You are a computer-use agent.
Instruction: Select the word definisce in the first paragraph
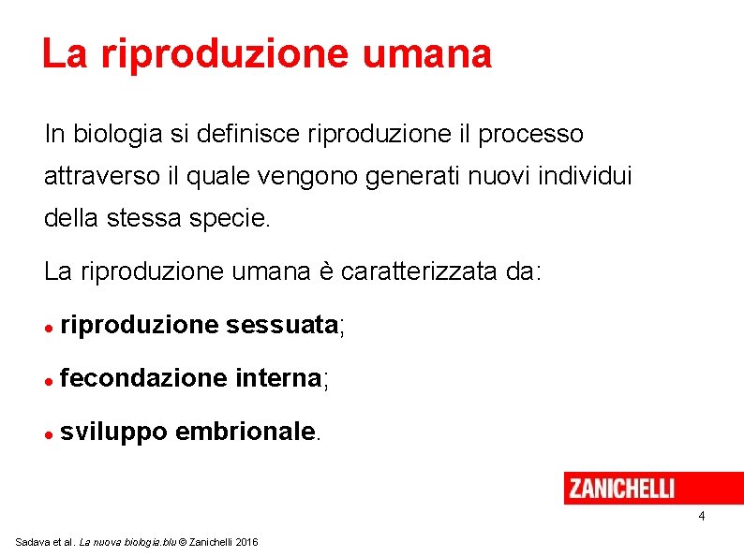click(246, 135)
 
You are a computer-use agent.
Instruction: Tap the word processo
click(530, 135)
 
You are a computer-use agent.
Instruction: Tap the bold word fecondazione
click(142, 378)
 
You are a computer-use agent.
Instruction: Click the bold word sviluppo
click(113, 432)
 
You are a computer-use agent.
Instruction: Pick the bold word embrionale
click(245, 432)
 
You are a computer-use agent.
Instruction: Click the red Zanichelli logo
click(620, 488)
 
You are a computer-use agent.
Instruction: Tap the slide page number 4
click(701, 518)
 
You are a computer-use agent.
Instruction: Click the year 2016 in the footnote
click(248, 543)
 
